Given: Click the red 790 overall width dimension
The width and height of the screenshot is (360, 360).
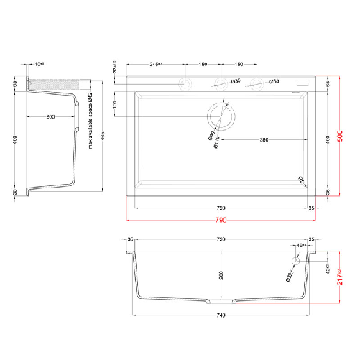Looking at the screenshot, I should [221, 219].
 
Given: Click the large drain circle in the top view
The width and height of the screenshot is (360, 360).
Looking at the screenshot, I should [220, 116].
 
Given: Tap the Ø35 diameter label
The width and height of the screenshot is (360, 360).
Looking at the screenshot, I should [236, 82].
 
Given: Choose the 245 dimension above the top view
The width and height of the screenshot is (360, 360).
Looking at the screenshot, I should [155, 63].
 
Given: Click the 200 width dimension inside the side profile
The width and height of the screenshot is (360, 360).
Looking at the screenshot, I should [50, 116].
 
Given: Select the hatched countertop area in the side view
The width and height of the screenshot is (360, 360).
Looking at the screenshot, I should [50, 84].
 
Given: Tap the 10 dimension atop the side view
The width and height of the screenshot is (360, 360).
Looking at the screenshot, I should [39, 64].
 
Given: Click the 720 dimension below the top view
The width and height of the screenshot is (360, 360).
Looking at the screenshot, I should [221, 207].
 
